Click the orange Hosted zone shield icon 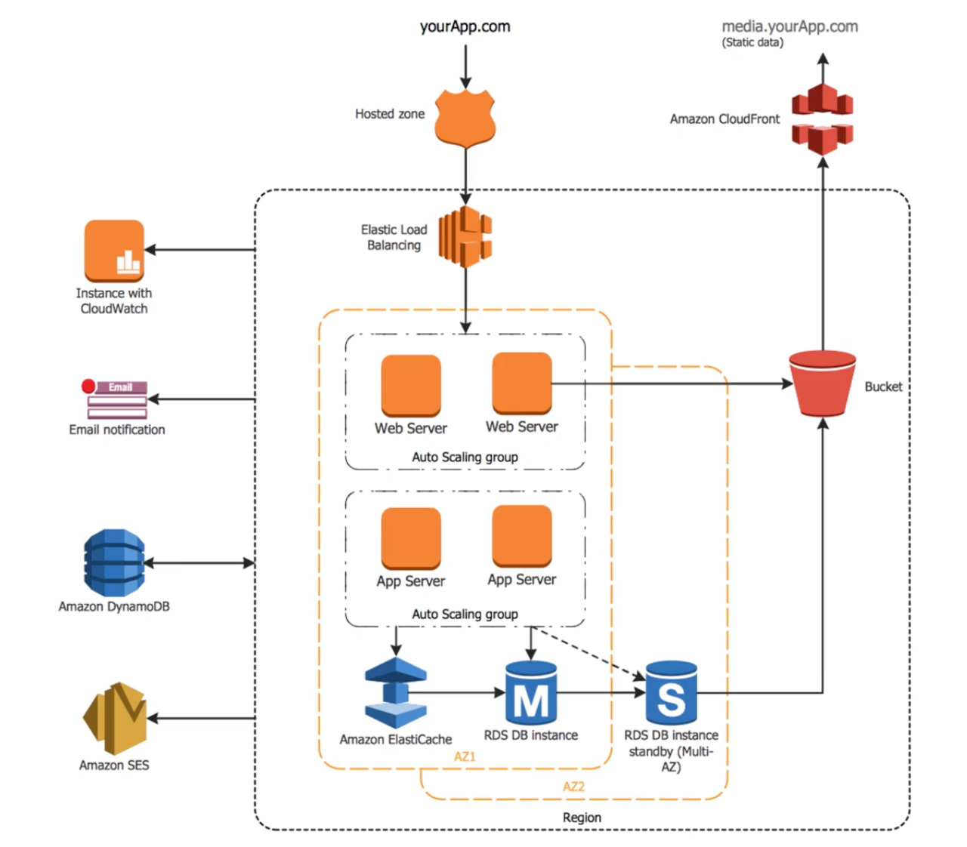click(x=465, y=117)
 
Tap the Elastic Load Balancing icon click(x=465, y=236)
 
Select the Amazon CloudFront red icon click(x=823, y=119)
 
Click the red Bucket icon click(x=822, y=383)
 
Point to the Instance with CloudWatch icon click(x=114, y=251)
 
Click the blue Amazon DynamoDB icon click(x=114, y=562)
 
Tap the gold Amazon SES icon click(x=115, y=719)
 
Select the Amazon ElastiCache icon click(x=396, y=692)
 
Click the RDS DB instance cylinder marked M click(x=531, y=692)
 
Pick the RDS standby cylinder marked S click(x=671, y=692)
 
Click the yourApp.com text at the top click(x=465, y=26)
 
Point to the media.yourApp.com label click(x=790, y=26)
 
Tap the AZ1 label click(x=465, y=756)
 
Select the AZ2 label click(x=574, y=787)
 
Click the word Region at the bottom click(x=582, y=818)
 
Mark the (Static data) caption click(x=752, y=43)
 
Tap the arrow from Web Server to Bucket click(x=672, y=383)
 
